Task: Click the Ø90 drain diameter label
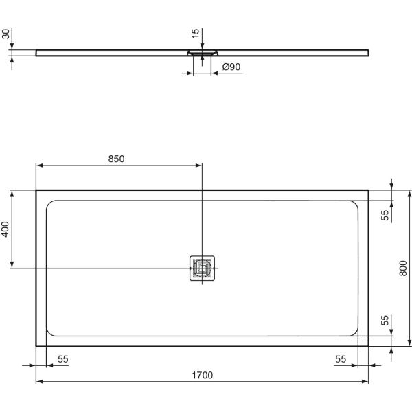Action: click(x=231, y=67)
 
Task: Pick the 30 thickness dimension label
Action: click(x=6, y=35)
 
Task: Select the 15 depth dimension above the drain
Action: click(x=196, y=34)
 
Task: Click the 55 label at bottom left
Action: click(x=62, y=359)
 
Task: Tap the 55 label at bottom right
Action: click(x=339, y=359)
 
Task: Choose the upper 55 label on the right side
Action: click(x=385, y=214)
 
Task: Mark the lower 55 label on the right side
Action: click(x=385, y=320)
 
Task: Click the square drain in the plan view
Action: click(x=202, y=267)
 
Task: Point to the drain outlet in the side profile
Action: click(x=202, y=53)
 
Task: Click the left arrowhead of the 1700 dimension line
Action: click(x=39, y=382)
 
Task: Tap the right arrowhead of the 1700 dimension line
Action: click(x=365, y=382)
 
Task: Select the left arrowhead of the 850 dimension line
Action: click(x=39, y=165)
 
